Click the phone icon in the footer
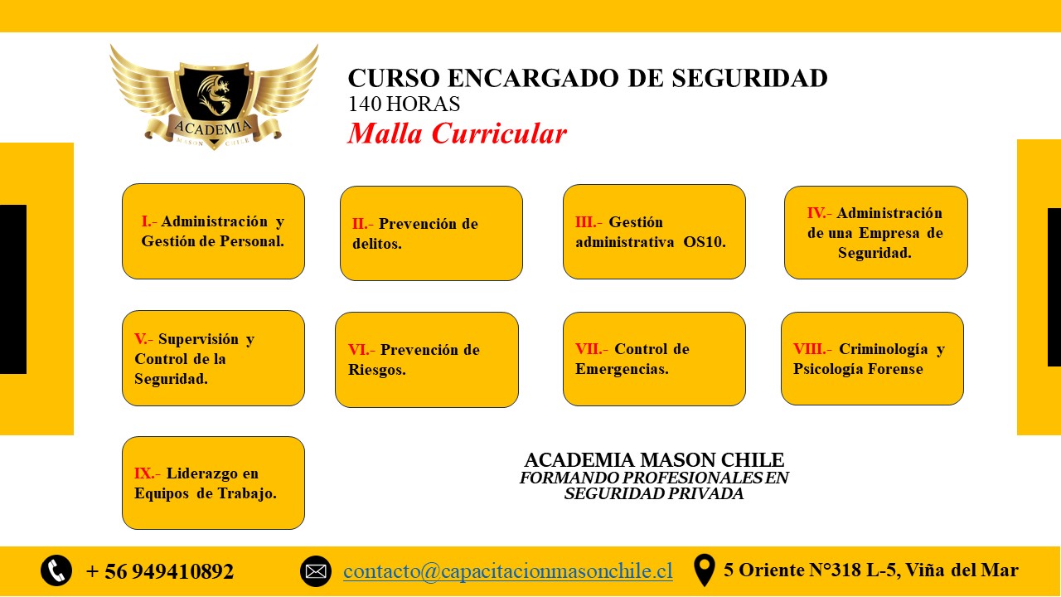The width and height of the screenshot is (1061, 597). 56,570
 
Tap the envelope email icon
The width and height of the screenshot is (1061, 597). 316,571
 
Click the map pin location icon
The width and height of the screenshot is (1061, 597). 704,570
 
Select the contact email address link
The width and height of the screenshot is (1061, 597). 508,571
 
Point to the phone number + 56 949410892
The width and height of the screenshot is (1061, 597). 160,571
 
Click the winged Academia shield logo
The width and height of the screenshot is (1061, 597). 214,97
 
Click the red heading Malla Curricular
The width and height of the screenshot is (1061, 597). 457,133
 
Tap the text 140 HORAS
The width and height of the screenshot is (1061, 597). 404,104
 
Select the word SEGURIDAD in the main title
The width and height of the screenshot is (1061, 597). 750,78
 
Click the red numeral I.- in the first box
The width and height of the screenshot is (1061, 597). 149,221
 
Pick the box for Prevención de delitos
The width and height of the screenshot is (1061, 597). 431,233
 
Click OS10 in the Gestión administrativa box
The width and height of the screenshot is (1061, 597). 705,242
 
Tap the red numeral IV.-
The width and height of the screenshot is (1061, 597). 820,213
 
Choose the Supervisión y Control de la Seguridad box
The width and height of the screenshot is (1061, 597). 213,358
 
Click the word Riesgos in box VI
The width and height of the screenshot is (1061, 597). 377,370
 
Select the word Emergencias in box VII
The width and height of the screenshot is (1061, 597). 622,369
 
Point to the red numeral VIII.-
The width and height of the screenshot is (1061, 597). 812,349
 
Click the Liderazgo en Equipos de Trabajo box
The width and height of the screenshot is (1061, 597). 213,483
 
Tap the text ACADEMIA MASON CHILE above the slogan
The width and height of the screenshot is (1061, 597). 654,460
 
